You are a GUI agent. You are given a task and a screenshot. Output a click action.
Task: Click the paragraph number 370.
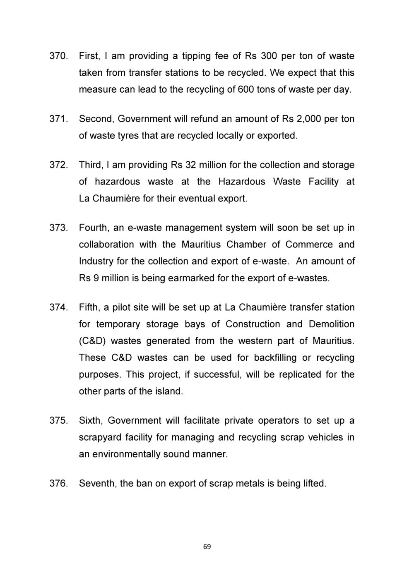tap(58, 56)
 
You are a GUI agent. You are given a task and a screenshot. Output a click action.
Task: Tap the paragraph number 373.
tap(58, 228)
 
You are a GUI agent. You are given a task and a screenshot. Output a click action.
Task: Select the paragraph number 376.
tap(58, 483)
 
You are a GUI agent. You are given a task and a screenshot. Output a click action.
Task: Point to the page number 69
tap(207, 547)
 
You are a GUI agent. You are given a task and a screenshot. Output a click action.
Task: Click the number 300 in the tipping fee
tap(271, 56)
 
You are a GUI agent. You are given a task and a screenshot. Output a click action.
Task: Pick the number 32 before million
tap(190, 165)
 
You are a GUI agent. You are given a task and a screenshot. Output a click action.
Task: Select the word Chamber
tap(246, 245)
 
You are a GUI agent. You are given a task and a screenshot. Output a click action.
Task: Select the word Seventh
tap(97, 483)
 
